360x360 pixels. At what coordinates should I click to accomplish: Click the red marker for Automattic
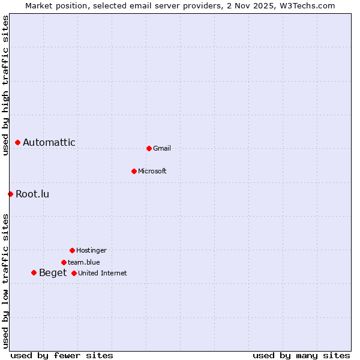pyautogui.click(x=18, y=143)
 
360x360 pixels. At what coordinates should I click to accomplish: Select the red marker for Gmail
pyautogui.click(x=149, y=148)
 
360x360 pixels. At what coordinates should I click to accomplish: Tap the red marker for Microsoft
pyautogui.click(x=134, y=171)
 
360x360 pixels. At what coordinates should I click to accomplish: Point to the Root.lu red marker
pyautogui.click(x=10, y=194)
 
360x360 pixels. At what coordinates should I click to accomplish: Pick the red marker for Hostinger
pyautogui.click(x=72, y=250)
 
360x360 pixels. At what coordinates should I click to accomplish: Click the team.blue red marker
pyautogui.click(x=64, y=262)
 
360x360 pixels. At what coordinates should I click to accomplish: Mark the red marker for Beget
pyautogui.click(x=34, y=273)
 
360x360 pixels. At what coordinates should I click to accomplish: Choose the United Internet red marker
pyautogui.click(x=74, y=273)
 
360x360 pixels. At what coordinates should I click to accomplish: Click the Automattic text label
pyautogui.click(x=49, y=143)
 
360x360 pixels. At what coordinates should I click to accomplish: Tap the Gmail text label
pyautogui.click(x=162, y=148)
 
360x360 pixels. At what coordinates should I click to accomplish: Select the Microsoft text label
pyautogui.click(x=152, y=171)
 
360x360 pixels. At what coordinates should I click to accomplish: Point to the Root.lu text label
pyautogui.click(x=32, y=194)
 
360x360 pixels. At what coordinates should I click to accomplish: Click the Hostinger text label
pyautogui.click(x=91, y=250)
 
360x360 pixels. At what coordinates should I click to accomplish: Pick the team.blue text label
pyautogui.click(x=84, y=262)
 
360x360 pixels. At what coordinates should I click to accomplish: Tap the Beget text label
pyautogui.click(x=53, y=273)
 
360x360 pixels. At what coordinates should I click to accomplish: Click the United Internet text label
pyautogui.click(x=103, y=273)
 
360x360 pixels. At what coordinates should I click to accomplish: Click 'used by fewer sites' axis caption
pyautogui.click(x=62, y=355)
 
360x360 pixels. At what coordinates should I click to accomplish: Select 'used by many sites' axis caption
pyautogui.click(x=301, y=355)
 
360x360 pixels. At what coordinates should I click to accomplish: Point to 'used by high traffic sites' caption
pyautogui.click(x=5, y=85)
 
